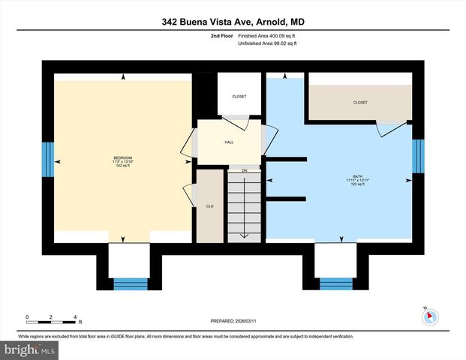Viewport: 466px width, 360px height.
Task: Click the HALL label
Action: click(x=229, y=141)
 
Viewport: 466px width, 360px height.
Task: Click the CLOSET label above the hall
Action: click(x=239, y=96)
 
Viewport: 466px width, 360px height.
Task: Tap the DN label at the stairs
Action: click(x=244, y=170)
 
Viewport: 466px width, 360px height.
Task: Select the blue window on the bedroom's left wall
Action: click(x=47, y=159)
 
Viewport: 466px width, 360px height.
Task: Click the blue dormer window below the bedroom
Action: click(x=131, y=283)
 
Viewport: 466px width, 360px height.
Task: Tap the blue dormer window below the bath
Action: click(x=336, y=283)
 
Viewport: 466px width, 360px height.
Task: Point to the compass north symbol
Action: click(x=429, y=317)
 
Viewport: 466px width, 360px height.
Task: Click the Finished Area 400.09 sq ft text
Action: click(x=267, y=36)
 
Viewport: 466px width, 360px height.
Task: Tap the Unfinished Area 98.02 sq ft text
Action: click(x=267, y=44)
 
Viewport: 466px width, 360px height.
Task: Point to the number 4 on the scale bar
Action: click(x=75, y=316)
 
